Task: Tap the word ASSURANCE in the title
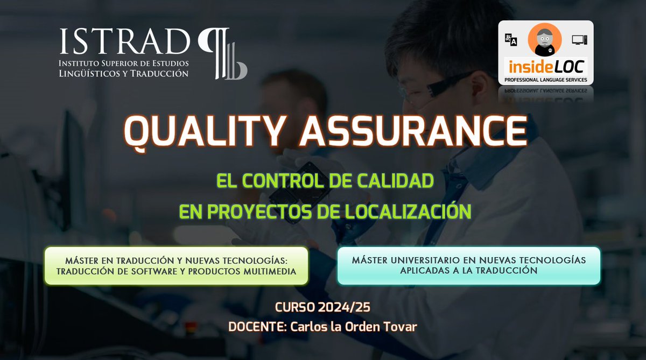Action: click(413, 131)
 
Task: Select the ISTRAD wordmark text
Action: click(124, 41)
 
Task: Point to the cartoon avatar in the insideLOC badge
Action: click(544, 40)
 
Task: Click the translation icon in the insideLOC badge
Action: click(511, 40)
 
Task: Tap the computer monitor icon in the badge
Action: click(579, 40)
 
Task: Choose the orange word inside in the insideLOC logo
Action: click(527, 68)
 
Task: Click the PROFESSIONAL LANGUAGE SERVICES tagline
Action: click(545, 80)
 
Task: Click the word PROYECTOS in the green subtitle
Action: click(256, 211)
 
